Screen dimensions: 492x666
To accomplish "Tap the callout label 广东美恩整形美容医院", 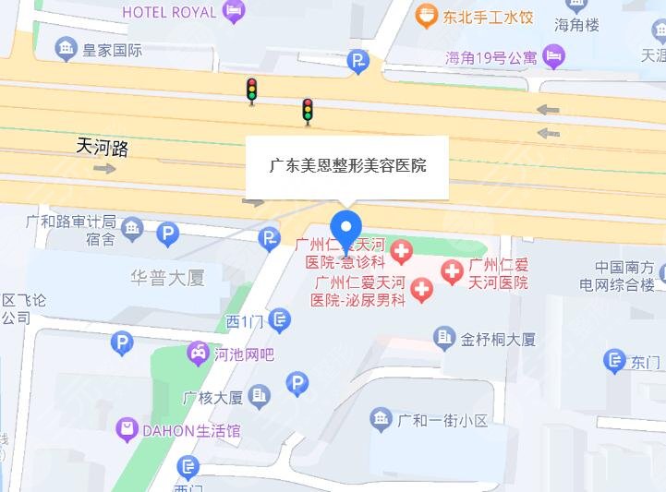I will point(346,167).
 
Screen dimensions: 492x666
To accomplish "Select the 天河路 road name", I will point(102,146).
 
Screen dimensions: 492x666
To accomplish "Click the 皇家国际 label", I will point(112,49).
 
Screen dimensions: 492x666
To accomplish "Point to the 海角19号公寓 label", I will point(490,57).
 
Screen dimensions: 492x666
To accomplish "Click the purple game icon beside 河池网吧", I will point(198,353).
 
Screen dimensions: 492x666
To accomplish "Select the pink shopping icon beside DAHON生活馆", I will point(127,430).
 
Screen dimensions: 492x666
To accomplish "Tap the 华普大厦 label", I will point(167,277).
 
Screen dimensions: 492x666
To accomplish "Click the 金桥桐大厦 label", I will point(498,339).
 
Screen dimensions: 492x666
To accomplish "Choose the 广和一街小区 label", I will point(442,421).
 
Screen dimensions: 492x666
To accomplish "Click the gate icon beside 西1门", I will point(281,320).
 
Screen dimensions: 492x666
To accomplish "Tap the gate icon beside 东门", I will point(615,361).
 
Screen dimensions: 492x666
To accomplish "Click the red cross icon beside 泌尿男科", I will point(421,291).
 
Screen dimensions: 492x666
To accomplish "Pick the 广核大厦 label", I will point(212,398).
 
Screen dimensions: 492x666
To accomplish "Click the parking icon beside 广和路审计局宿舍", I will point(167,234).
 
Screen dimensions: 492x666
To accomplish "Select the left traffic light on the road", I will point(251,90).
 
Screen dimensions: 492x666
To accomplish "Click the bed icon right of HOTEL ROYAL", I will point(235,11).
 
